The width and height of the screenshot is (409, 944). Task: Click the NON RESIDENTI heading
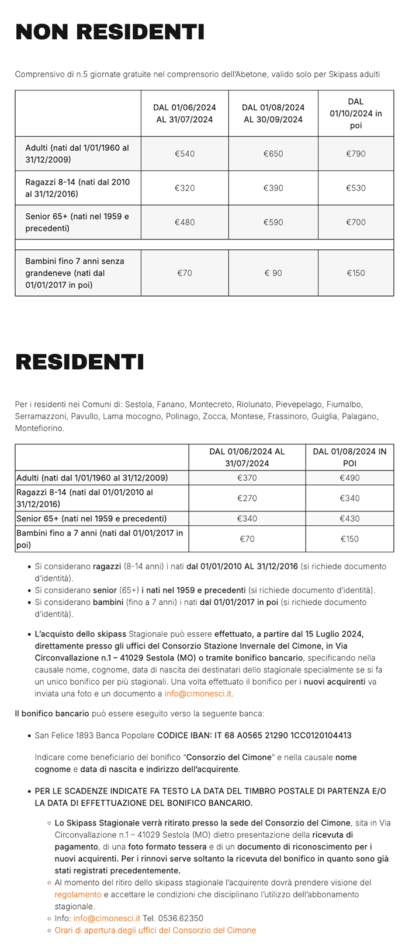click(110, 32)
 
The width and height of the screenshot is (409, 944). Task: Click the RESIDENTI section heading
click(79, 362)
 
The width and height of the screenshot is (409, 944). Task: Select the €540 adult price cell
click(185, 154)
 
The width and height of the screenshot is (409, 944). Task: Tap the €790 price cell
click(356, 154)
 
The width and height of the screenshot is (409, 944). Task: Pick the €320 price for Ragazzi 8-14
click(185, 188)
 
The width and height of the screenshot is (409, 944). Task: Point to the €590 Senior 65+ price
click(273, 222)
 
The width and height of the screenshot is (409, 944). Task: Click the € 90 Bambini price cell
click(273, 273)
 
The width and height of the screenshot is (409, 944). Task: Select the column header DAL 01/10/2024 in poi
click(356, 113)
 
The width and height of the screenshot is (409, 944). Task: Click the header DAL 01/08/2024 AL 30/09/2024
click(273, 113)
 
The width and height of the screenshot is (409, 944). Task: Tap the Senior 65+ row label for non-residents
click(77, 222)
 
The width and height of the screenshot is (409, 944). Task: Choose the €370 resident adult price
click(247, 478)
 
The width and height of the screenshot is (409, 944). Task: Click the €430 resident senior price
click(349, 518)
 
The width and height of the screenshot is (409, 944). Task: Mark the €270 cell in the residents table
click(247, 498)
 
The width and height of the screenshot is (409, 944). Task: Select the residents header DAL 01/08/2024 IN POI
click(349, 457)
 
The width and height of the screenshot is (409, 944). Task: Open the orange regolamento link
click(78, 894)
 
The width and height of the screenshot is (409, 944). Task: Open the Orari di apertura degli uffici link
click(155, 930)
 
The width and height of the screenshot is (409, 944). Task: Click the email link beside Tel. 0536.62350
click(107, 918)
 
